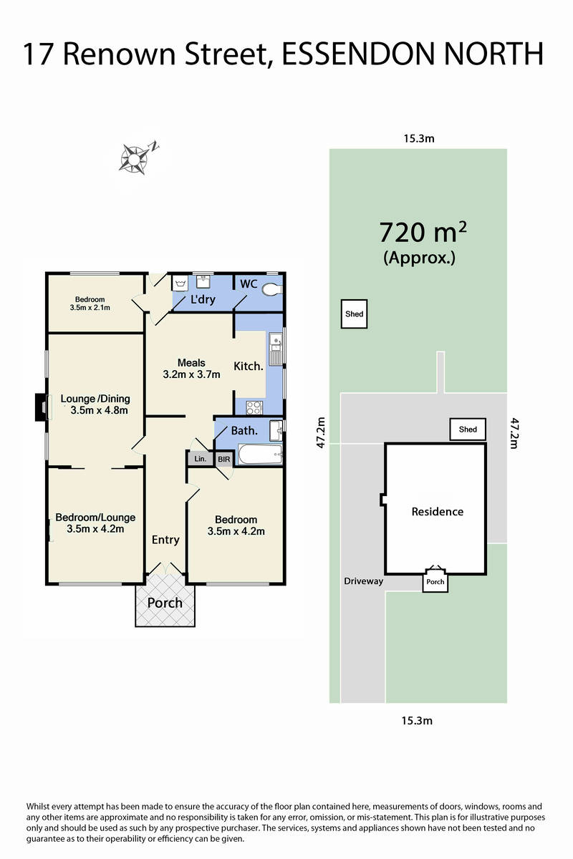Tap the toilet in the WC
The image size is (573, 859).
click(x=272, y=289)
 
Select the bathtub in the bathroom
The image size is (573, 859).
click(x=260, y=454)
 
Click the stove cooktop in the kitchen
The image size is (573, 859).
click(x=254, y=407)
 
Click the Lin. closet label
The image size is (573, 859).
click(x=201, y=459)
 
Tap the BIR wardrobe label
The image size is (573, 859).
click(x=224, y=459)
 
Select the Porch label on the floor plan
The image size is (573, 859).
click(x=165, y=603)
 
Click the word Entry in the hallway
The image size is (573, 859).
click(x=165, y=540)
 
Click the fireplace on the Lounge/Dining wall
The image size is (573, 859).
click(x=42, y=407)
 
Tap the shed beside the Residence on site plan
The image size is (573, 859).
click(x=468, y=429)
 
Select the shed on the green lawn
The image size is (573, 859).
click(x=355, y=314)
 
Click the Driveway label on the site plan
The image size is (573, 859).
click(x=363, y=581)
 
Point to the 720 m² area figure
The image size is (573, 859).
click(x=423, y=233)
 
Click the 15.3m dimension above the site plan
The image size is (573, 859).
click(x=419, y=138)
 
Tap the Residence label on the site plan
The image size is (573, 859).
click(x=438, y=512)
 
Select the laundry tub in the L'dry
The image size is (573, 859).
click(x=180, y=283)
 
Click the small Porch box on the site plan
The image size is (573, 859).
click(x=435, y=582)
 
